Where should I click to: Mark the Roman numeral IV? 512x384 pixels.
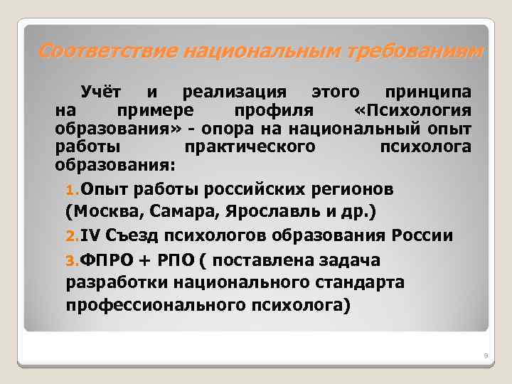point(90,236)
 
